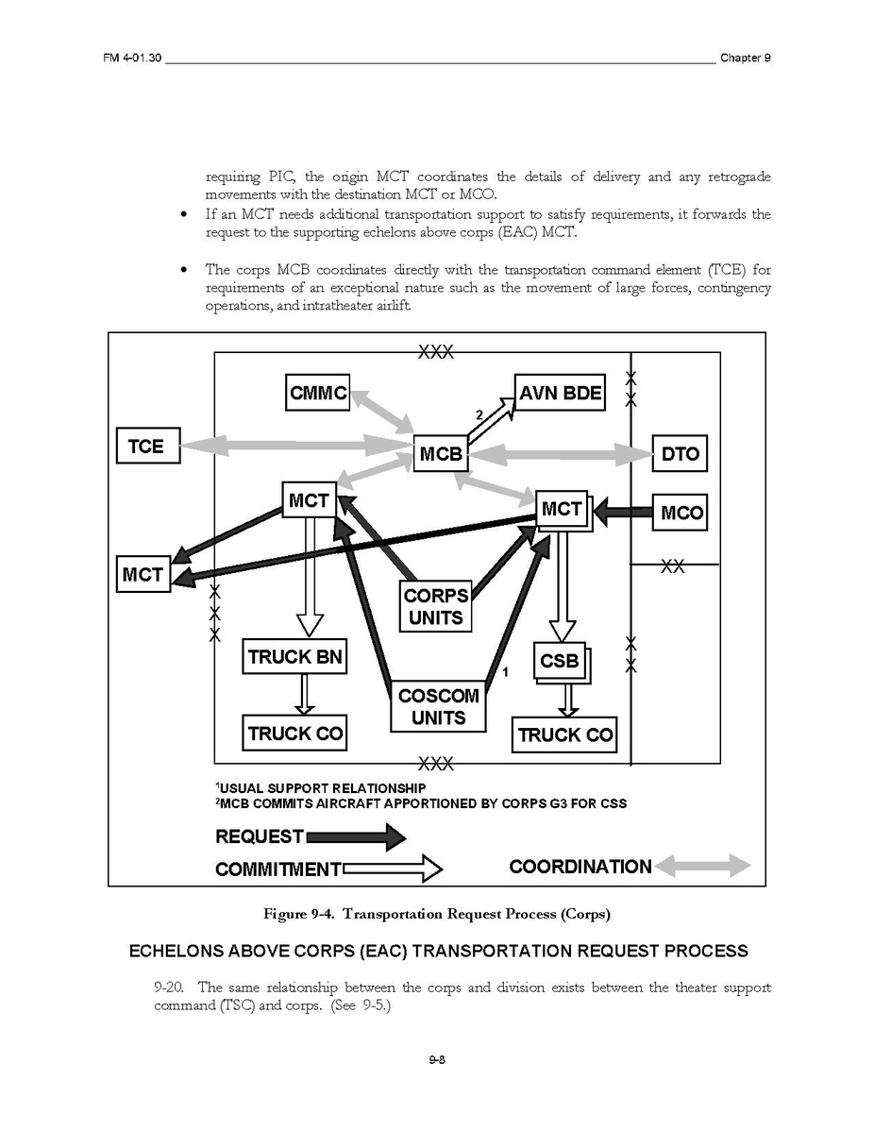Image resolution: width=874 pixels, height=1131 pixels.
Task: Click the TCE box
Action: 145,446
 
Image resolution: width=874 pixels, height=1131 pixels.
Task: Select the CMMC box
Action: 318,393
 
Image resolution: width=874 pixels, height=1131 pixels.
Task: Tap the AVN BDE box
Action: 561,393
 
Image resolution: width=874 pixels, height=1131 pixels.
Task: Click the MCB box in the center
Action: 441,454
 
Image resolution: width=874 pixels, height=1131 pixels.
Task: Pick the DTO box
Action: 680,454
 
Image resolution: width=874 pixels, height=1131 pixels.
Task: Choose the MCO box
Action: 681,513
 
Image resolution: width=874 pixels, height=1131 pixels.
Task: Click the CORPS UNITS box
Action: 436,606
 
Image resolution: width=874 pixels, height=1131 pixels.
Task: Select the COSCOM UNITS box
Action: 438,706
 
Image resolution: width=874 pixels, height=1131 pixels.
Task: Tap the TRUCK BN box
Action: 294,656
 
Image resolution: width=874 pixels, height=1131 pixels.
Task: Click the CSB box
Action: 559,661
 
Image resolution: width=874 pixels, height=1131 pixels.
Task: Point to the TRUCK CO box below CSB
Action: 564,734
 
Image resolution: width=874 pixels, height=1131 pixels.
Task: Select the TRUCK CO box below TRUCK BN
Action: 294,733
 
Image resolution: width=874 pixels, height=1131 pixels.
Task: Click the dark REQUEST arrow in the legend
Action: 356,836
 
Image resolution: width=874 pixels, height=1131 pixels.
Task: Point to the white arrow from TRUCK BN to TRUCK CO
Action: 303,694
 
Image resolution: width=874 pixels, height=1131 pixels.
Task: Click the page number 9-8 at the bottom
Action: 436,1060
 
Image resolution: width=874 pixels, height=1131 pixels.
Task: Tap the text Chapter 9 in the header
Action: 746,58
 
